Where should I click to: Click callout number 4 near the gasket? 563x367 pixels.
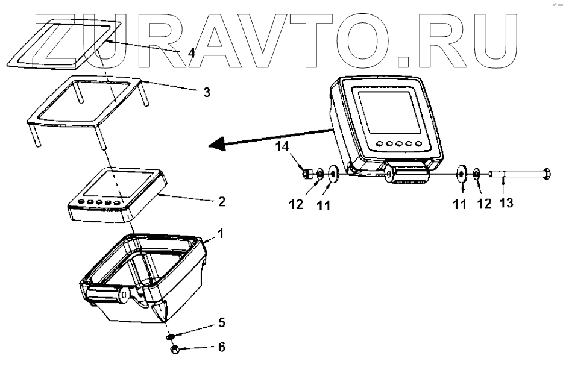(x=191, y=52)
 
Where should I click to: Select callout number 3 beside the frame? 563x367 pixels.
(x=206, y=92)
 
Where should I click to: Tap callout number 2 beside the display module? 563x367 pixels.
(x=221, y=201)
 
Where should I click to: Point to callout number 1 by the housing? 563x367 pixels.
(x=221, y=233)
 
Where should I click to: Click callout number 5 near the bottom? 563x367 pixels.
(x=221, y=323)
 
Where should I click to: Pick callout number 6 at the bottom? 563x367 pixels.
(x=221, y=348)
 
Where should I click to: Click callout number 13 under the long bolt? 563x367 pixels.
(x=506, y=203)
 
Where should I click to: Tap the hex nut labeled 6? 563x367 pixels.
(x=174, y=348)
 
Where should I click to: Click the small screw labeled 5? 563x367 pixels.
(x=171, y=336)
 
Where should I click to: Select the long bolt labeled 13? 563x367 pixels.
(x=518, y=175)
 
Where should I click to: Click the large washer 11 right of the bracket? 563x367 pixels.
(x=462, y=174)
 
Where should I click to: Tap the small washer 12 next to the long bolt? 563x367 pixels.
(x=476, y=175)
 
